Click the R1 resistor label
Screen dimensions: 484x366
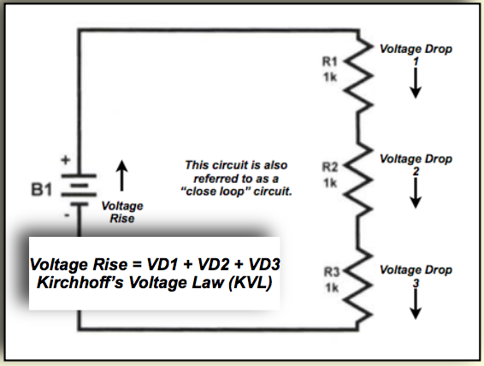click(x=330, y=62)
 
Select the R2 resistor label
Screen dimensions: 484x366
click(x=330, y=168)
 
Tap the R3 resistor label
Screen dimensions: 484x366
click(x=332, y=272)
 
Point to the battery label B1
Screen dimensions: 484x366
click(x=41, y=189)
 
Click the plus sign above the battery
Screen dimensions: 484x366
click(x=66, y=160)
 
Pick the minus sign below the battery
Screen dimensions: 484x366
click(x=67, y=215)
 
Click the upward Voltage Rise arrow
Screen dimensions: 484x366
click(x=122, y=175)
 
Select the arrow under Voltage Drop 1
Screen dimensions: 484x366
click(x=416, y=83)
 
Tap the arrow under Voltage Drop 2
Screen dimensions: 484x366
click(x=416, y=193)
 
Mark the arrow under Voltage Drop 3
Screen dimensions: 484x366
click(x=416, y=304)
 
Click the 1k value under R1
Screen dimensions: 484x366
click(x=330, y=77)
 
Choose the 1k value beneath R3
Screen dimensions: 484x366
click(x=332, y=288)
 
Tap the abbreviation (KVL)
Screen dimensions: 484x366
click(x=251, y=283)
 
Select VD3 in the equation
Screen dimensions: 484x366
click(x=264, y=264)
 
